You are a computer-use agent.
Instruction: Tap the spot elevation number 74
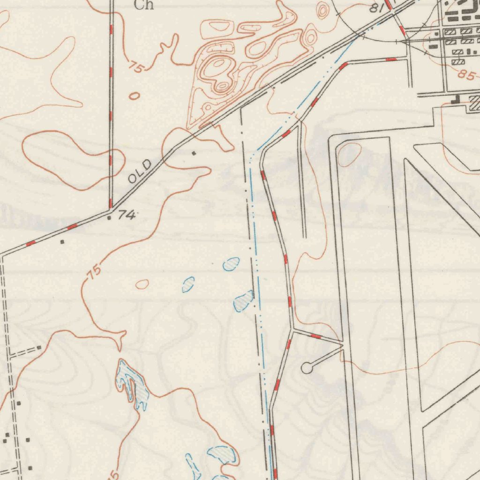pos(127,215)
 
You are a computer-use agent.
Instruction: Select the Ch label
pos(143,5)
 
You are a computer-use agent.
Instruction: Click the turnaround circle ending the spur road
pos(307,368)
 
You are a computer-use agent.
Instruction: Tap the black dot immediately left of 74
pos(110,217)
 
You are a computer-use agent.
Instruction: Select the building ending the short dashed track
pos(39,347)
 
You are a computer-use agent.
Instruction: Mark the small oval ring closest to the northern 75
pos(134,96)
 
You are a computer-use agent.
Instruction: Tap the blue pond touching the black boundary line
pos(244,301)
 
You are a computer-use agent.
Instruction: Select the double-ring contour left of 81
pos(323,10)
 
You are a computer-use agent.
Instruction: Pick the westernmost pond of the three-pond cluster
pos(188,284)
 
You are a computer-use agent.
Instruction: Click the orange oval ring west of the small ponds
pos(142,284)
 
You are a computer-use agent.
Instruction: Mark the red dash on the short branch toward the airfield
pos(316,336)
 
